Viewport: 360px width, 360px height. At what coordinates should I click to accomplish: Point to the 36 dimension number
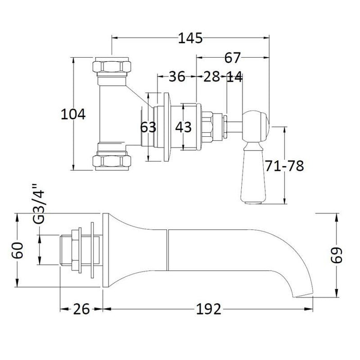click(176, 77)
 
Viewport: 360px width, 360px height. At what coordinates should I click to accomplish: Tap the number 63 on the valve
click(148, 127)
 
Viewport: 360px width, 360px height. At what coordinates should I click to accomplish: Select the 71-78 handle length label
click(284, 166)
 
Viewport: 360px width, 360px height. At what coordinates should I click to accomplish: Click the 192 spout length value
click(208, 309)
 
